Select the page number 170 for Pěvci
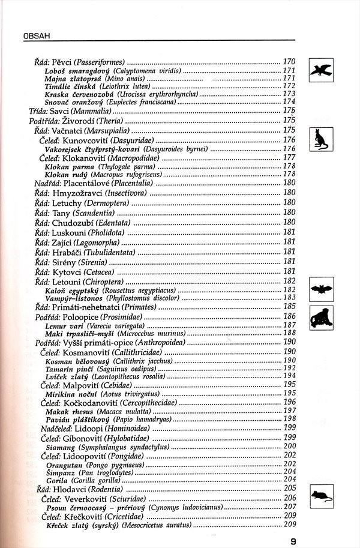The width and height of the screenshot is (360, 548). [x=289, y=62]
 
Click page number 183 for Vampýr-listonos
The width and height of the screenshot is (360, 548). [x=289, y=298]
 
